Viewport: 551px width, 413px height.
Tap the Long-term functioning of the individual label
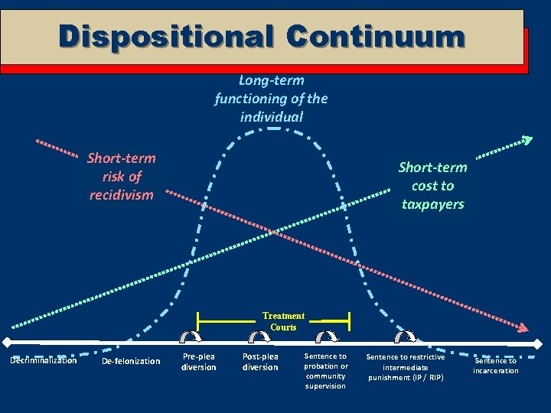coord(271,99)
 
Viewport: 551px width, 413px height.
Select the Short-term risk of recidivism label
coord(121,176)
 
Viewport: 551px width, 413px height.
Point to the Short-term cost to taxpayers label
coord(432,186)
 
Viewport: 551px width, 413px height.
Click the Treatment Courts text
coord(283,321)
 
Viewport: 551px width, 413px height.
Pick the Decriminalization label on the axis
coord(43,360)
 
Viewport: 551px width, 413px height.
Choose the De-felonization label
coord(131,361)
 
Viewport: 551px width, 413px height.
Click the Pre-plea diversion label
coord(198,362)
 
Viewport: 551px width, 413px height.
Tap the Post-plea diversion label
coord(260,362)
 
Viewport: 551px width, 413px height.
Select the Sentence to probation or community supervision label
coord(326,371)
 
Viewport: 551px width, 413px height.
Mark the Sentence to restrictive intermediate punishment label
coord(405,367)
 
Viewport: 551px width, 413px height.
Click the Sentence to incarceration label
coord(495,366)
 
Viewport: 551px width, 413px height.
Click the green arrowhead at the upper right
coord(527,140)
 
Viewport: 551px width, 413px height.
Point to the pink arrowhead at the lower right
coord(523,328)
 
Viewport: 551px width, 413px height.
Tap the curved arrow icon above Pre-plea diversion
coord(190,337)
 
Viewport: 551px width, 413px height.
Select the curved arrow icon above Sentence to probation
coord(328,337)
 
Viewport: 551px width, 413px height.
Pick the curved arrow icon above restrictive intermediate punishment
coord(405,337)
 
